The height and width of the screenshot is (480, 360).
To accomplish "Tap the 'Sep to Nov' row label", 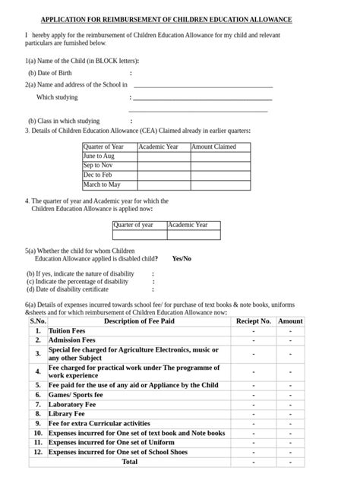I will point(99,165).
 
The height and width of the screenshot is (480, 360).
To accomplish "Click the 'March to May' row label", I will point(102,185).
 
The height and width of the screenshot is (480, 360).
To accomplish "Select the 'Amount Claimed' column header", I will point(213,147).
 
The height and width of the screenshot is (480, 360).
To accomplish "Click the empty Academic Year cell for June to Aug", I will point(163,156).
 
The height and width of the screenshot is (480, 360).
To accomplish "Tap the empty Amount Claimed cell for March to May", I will point(220,185).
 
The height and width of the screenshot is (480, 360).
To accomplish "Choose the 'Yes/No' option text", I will point(182,258).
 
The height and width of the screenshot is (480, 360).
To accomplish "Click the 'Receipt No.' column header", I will point(253,321).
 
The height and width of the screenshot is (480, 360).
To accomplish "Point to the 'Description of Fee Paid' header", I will point(137,321).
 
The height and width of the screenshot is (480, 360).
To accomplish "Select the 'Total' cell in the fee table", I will point(130,461).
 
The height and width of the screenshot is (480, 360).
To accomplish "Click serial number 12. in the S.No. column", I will point(38,452).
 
